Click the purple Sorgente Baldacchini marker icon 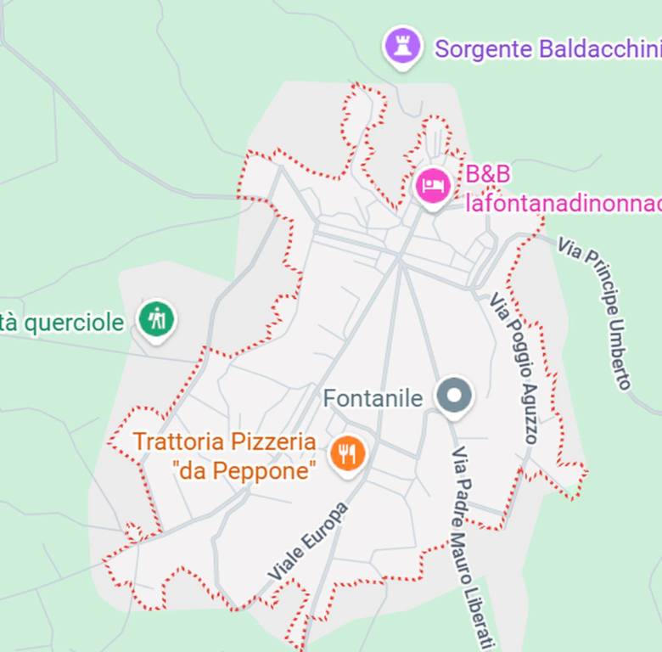(x=403, y=45)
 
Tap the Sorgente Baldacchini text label (x=547, y=48)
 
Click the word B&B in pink (x=488, y=174)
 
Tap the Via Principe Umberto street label (x=597, y=312)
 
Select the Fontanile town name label (x=373, y=397)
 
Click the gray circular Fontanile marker (x=454, y=395)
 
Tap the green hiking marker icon (x=156, y=319)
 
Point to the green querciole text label (x=64, y=323)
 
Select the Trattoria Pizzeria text (x=224, y=441)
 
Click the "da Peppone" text (x=243, y=470)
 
